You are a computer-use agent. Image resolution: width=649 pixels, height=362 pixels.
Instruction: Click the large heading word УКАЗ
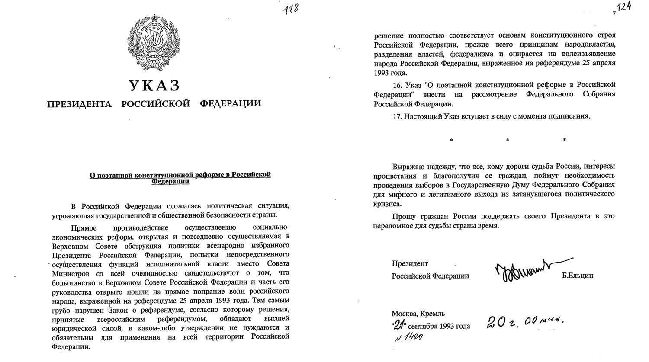pyautogui.click(x=154, y=86)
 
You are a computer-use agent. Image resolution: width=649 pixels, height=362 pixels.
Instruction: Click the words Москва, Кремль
pyautogui.click(x=418, y=314)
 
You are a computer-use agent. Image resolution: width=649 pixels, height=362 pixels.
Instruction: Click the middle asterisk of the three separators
pyautogui.click(x=508, y=140)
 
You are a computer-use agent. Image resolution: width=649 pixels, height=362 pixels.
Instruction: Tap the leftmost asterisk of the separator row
pyautogui.click(x=451, y=140)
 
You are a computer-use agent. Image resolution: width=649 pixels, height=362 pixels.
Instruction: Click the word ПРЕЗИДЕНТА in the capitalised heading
pyautogui.click(x=79, y=104)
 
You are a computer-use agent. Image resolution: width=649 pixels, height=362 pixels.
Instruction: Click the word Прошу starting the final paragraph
pyautogui.click(x=402, y=216)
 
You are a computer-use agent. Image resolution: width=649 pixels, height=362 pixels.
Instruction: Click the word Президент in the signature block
pyautogui.click(x=410, y=263)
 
